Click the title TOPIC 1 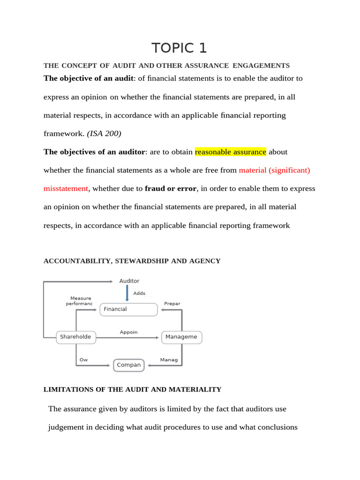pyautogui.click(x=179, y=48)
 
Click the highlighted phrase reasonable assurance pyautogui.click(x=230, y=152)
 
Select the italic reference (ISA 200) pyautogui.click(x=104, y=134)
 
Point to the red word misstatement pyautogui.click(x=66, y=188)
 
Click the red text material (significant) pyautogui.click(x=274, y=170)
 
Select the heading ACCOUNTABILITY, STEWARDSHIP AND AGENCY pyautogui.click(x=132, y=261)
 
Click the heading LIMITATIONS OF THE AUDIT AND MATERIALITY pyautogui.click(x=132, y=390)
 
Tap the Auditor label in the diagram pyautogui.click(x=129, y=281)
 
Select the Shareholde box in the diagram pyautogui.click(x=76, y=337)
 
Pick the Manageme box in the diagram pyautogui.click(x=182, y=337)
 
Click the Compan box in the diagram pyautogui.click(x=129, y=365)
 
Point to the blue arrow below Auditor pyautogui.click(x=127, y=293)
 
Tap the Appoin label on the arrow pyautogui.click(x=129, y=332)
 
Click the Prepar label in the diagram pyautogui.click(x=172, y=304)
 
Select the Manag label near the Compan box pyautogui.click(x=169, y=360)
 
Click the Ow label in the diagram pyautogui.click(x=83, y=360)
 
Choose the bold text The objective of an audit pyautogui.click(x=88, y=78)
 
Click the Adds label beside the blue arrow pyautogui.click(x=139, y=293)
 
